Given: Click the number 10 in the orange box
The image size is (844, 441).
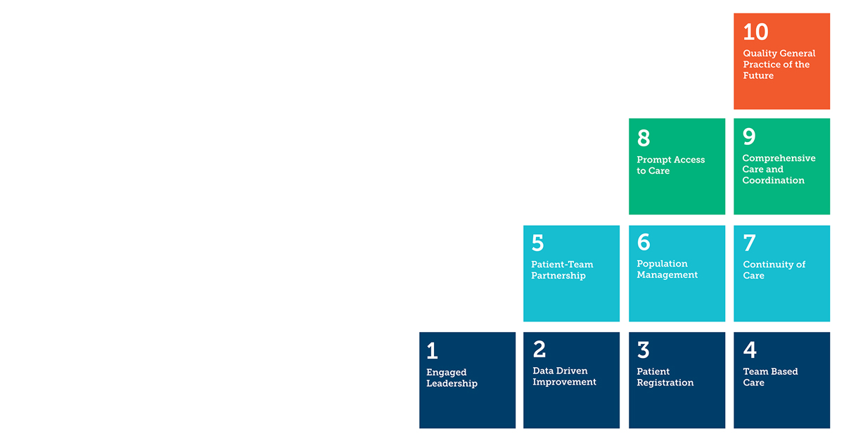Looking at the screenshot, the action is click(x=755, y=32).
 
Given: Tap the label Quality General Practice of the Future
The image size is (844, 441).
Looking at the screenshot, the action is click(x=779, y=65).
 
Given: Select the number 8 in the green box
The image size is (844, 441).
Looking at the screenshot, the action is click(x=644, y=138).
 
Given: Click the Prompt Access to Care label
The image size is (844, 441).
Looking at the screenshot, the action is click(x=671, y=165).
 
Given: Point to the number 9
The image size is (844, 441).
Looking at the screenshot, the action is click(x=749, y=136).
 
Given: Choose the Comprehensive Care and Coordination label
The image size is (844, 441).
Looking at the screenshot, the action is click(x=779, y=170).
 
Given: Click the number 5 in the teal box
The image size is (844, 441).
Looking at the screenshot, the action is click(x=537, y=243).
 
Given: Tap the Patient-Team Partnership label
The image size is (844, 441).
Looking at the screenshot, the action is click(x=562, y=270).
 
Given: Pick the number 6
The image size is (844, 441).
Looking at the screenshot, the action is click(x=644, y=242).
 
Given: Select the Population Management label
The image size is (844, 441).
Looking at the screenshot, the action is click(x=667, y=269).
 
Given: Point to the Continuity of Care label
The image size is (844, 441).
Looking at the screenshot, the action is click(x=774, y=270).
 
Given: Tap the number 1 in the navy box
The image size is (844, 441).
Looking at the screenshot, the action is click(x=432, y=351).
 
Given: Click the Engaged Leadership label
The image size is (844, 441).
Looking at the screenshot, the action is click(x=452, y=378).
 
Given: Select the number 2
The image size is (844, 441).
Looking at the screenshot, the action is click(x=539, y=349).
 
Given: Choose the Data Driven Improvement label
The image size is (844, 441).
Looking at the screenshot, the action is click(x=564, y=376).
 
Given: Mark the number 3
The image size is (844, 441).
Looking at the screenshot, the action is click(x=643, y=350).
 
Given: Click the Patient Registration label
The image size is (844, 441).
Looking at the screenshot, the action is click(x=665, y=377).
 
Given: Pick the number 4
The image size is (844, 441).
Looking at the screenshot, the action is click(x=750, y=350).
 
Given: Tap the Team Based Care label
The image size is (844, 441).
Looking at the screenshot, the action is click(x=771, y=377).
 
